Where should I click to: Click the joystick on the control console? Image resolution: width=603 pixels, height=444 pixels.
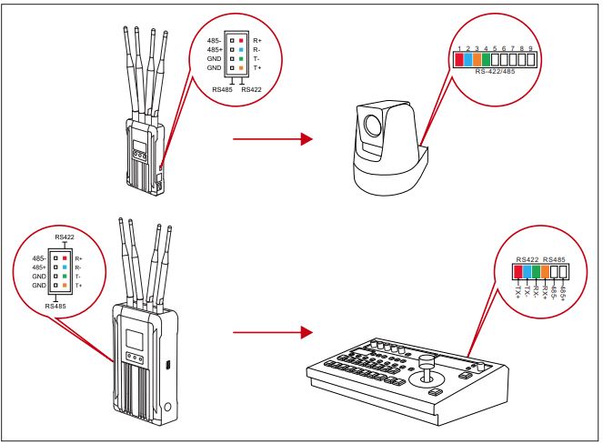[423, 351]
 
